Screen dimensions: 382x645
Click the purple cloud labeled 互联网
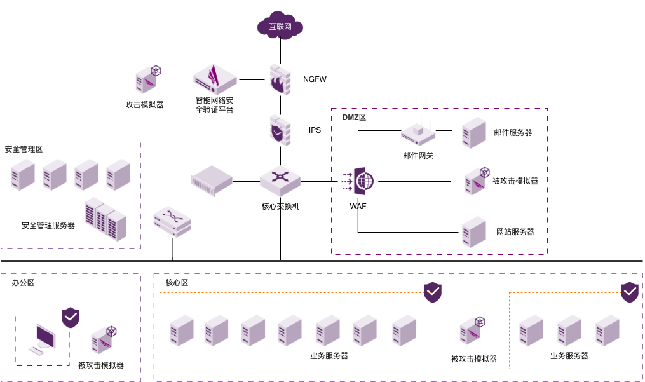tap(280, 26)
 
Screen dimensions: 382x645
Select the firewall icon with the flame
tap(280, 79)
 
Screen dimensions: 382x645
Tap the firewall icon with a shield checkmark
tap(280, 130)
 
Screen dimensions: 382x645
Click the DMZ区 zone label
tap(354, 118)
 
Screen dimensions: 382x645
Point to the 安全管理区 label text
tap(24, 149)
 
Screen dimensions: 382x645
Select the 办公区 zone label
tap(23, 283)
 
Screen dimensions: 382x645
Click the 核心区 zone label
tap(177, 283)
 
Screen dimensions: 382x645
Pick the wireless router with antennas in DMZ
tap(419, 132)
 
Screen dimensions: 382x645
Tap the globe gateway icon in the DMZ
tap(359, 181)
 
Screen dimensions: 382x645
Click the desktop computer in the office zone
tap(44, 339)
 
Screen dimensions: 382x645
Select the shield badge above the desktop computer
tap(71, 317)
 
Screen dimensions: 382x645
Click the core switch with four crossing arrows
tap(280, 179)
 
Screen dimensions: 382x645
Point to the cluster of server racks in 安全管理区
tap(105, 219)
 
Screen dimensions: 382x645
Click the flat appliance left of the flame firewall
tap(215, 79)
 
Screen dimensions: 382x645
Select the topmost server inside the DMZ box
tap(474, 132)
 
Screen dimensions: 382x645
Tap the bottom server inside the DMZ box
tap(474, 231)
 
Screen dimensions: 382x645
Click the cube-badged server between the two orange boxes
tap(472, 331)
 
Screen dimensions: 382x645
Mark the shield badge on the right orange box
tap(630, 292)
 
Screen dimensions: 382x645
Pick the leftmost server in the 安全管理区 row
tap(23, 175)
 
